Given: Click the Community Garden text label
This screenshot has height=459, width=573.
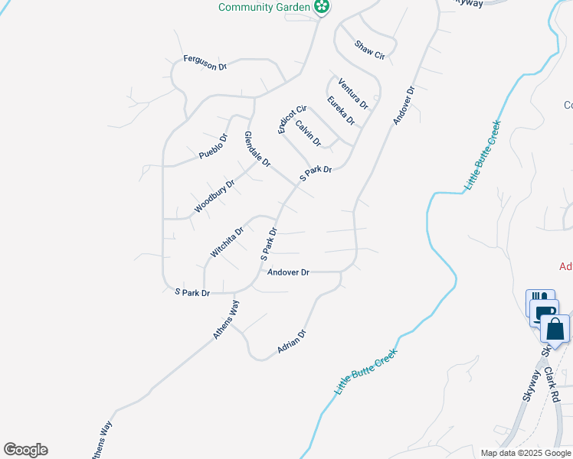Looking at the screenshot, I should pos(264,7).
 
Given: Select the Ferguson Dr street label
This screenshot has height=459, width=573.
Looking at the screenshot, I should pos(205,63).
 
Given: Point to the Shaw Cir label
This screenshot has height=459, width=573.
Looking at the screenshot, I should pos(369,50).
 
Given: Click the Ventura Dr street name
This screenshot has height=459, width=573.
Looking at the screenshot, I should pos(353,93).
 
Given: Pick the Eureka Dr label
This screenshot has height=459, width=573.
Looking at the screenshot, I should pos(341,111).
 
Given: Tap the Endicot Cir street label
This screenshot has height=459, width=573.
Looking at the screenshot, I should pos(292,119).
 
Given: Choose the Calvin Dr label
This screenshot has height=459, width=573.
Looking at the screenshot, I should pos(308,132).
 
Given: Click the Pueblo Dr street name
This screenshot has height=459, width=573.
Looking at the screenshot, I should pos(214,147).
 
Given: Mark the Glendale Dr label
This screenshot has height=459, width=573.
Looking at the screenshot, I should pos(257,149).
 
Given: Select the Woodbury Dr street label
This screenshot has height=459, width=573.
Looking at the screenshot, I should pos(214,197).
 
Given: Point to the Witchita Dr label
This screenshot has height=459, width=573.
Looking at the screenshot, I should pos(227,242).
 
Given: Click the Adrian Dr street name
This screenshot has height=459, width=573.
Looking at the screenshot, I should pos(292,340).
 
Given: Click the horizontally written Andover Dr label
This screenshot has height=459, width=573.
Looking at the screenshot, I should pos(288,272).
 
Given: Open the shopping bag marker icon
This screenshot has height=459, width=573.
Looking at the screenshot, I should pos(555,330).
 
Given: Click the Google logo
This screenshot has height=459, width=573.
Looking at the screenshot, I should pos(25,450).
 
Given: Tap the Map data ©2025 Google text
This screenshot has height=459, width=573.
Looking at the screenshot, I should pos(526,453).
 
